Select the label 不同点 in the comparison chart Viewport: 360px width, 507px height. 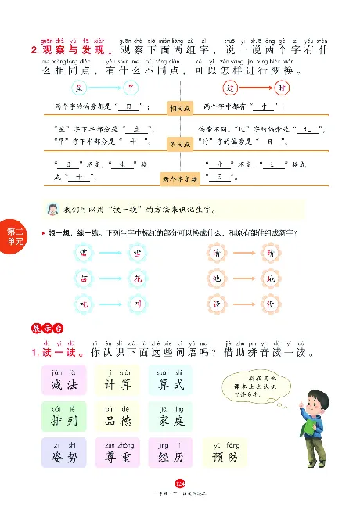tap(181, 144)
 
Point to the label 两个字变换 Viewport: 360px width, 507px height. tap(181, 179)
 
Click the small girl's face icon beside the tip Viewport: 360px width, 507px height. tap(52, 210)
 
